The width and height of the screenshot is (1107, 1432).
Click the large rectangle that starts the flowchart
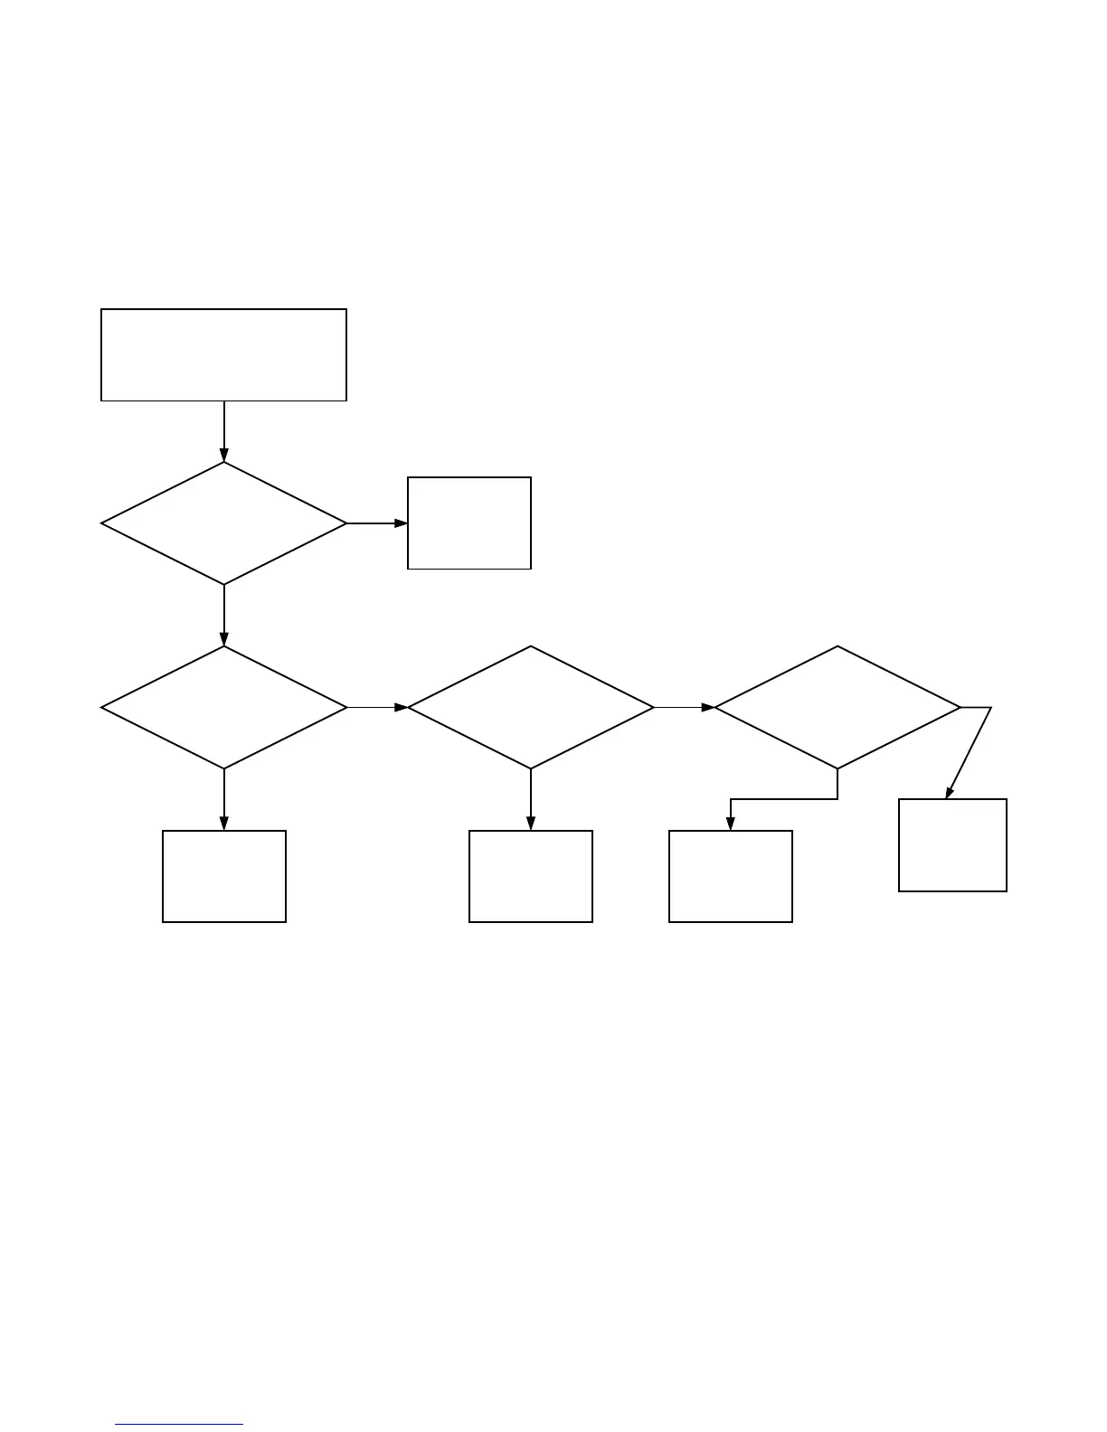223,354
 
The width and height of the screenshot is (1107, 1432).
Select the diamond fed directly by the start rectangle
223,523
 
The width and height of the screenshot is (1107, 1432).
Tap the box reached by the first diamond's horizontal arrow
469,523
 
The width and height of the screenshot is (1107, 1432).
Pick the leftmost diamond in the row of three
223,707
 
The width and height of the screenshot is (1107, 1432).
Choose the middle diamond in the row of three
531,707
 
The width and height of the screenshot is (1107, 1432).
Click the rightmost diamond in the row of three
837,707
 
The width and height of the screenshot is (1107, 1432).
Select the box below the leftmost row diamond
224,876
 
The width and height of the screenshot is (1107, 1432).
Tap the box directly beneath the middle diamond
531,876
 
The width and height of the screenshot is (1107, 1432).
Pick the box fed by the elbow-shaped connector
731,876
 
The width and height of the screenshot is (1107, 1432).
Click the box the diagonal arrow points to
952,845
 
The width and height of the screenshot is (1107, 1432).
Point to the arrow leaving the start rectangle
223,430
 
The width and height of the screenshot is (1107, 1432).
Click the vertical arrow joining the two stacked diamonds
223,615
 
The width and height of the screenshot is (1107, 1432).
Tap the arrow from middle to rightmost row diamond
684,707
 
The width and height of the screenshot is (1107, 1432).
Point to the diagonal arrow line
970,752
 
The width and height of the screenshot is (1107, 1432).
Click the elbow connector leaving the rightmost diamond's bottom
783,799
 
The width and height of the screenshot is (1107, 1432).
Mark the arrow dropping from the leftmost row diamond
223,799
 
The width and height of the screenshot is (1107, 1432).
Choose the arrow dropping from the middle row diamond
531,799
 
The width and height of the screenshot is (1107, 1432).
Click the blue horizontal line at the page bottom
180,1425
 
